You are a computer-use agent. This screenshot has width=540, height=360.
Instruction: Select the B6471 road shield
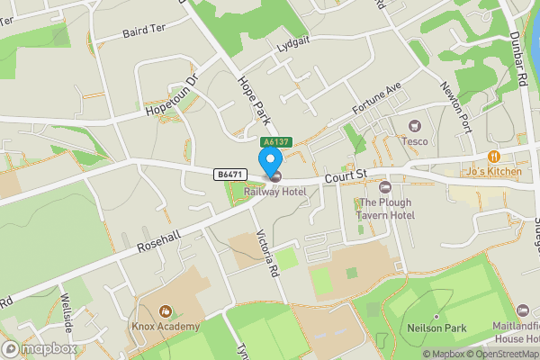coord(229,173)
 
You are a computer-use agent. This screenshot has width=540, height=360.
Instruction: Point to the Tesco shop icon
coord(415,127)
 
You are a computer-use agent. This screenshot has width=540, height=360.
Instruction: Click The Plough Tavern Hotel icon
coord(386,186)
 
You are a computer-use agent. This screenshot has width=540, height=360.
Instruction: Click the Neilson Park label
coord(435,328)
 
